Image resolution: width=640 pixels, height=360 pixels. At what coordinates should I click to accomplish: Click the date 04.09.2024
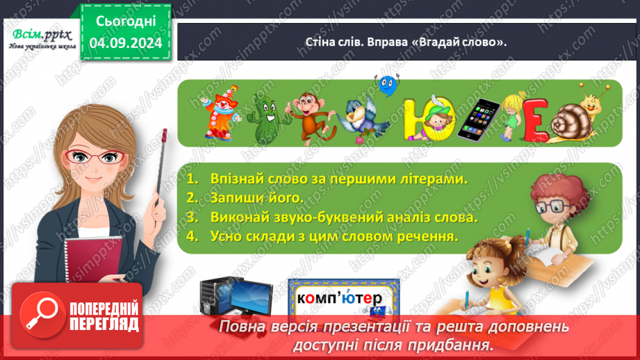126,43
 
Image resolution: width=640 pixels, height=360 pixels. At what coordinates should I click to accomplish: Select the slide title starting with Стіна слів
406,42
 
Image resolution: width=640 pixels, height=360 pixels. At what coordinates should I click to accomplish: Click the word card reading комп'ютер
343,297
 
